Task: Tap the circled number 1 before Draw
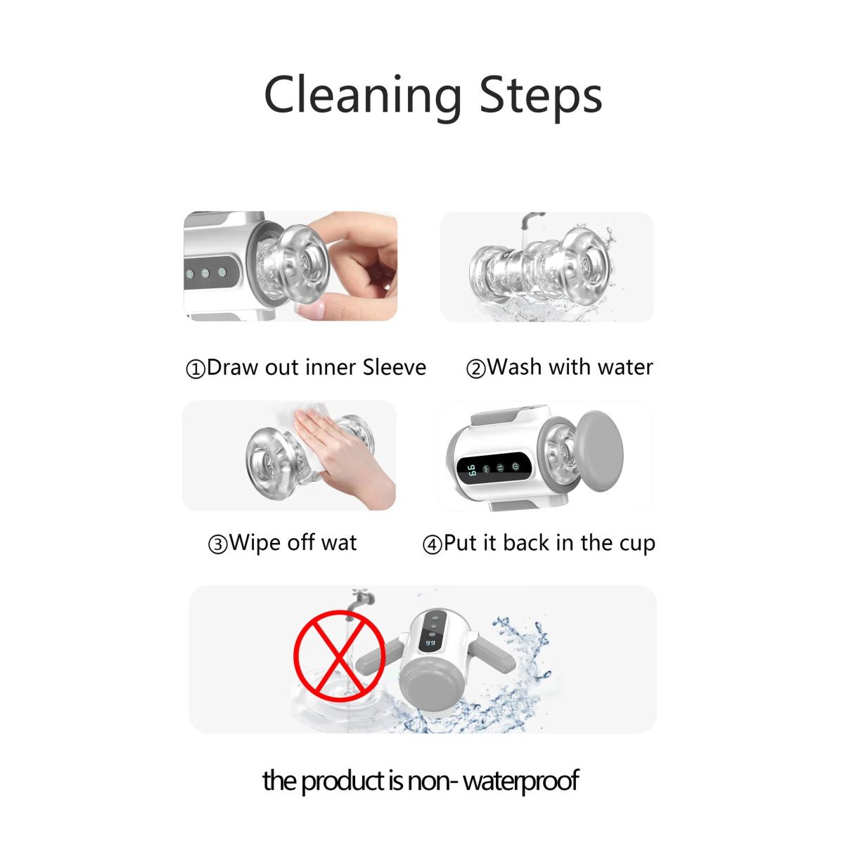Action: pyautogui.click(x=196, y=369)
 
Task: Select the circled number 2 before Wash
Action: pyautogui.click(x=476, y=369)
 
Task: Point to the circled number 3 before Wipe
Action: pyautogui.click(x=217, y=545)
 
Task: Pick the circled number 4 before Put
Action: pyautogui.click(x=432, y=545)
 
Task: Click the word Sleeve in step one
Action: pyautogui.click(x=394, y=367)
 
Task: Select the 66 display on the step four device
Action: pyautogui.click(x=471, y=470)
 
